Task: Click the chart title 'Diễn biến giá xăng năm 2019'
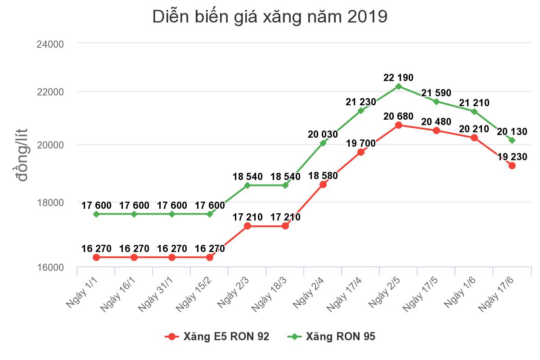[270, 17]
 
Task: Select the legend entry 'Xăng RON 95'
[332, 337]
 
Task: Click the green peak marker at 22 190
[399, 86]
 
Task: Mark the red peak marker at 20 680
[399, 125]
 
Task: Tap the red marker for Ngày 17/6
[512, 166]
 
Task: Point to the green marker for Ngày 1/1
[96, 214]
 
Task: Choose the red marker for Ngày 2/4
[323, 184]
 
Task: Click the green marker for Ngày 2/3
[247, 185]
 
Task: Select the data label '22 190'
[398, 77]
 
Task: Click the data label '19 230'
[512, 157]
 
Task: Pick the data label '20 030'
[323, 134]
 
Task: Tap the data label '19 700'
[361, 144]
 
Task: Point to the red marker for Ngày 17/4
[361, 152]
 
